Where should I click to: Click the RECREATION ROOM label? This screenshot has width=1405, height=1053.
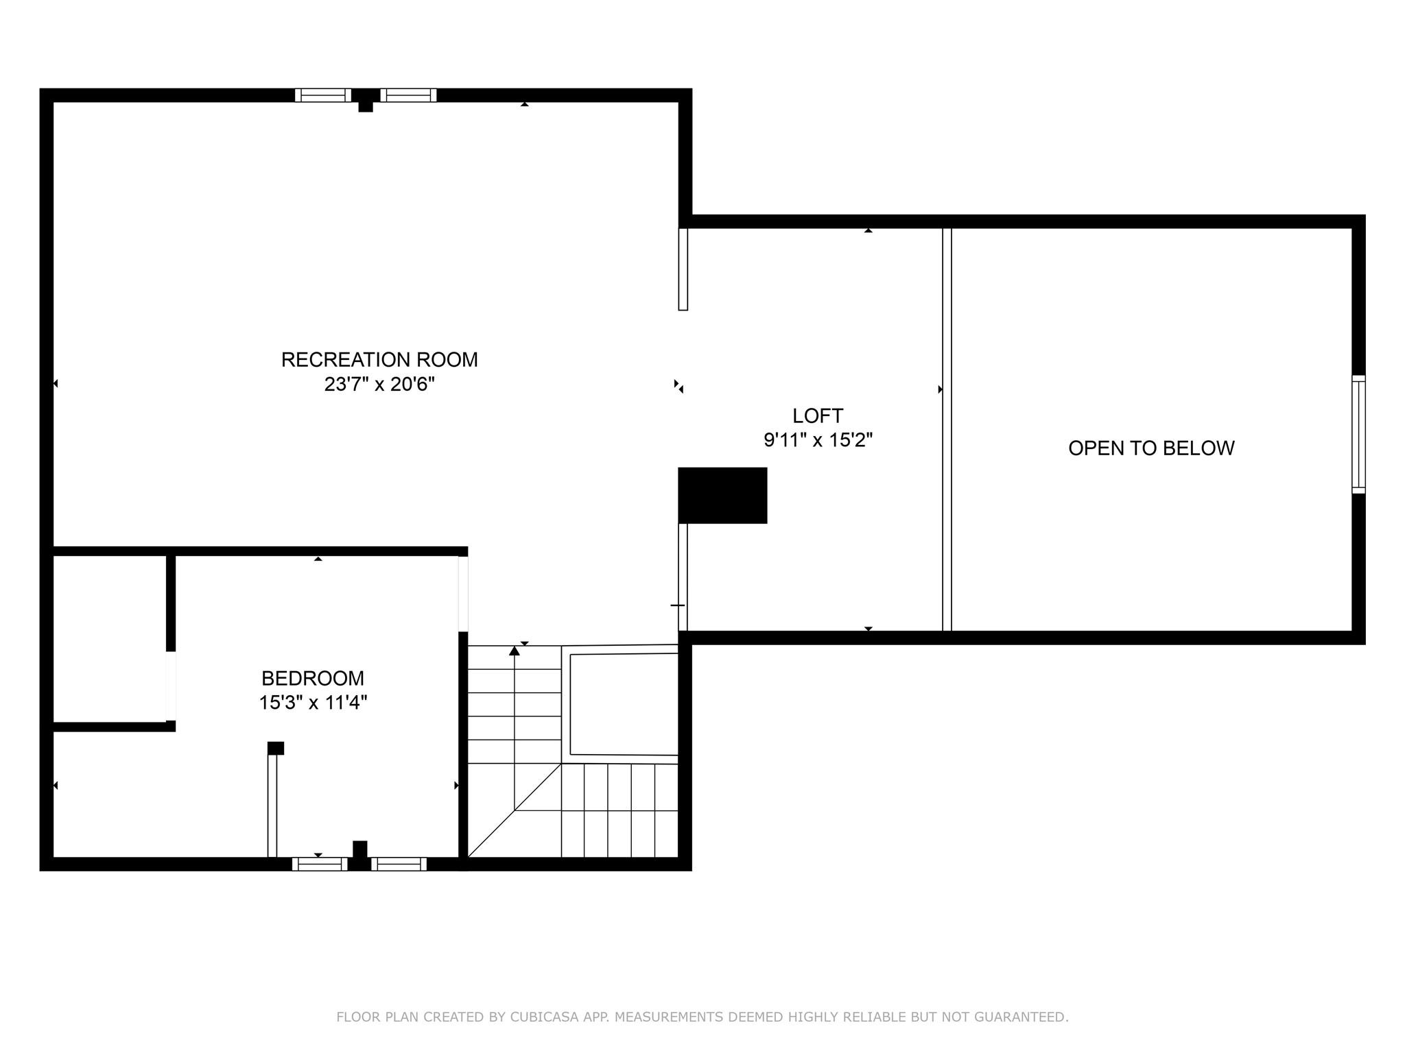pyautogui.click(x=379, y=360)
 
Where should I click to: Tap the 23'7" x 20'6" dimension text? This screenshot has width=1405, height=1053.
pyautogui.click(x=379, y=384)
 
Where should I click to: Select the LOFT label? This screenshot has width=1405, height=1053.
pyautogui.click(x=818, y=415)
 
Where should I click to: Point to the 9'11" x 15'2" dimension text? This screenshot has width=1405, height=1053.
pyautogui.click(x=818, y=440)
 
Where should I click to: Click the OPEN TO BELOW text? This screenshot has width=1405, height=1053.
pyautogui.click(x=1151, y=448)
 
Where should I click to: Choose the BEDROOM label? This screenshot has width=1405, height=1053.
pyautogui.click(x=313, y=678)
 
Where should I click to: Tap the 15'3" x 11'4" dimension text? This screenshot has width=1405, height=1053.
pyautogui.click(x=313, y=703)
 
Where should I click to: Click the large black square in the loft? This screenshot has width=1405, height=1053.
pyautogui.click(x=722, y=496)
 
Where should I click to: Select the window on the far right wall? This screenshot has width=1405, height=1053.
pyautogui.click(x=1358, y=434)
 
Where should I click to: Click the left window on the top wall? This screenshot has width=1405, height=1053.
pyautogui.click(x=323, y=95)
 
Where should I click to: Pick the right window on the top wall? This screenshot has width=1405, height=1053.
pyautogui.click(x=408, y=95)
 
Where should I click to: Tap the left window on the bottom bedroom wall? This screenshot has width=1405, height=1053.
pyautogui.click(x=320, y=864)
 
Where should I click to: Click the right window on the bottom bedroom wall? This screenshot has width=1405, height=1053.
pyautogui.click(x=399, y=864)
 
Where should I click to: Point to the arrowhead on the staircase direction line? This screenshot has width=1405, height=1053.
pyautogui.click(x=515, y=651)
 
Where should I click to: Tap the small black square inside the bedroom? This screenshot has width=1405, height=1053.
pyautogui.click(x=276, y=748)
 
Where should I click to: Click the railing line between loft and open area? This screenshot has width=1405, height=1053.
pyautogui.click(x=947, y=429)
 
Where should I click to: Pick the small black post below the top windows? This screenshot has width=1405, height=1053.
pyautogui.click(x=366, y=106)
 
